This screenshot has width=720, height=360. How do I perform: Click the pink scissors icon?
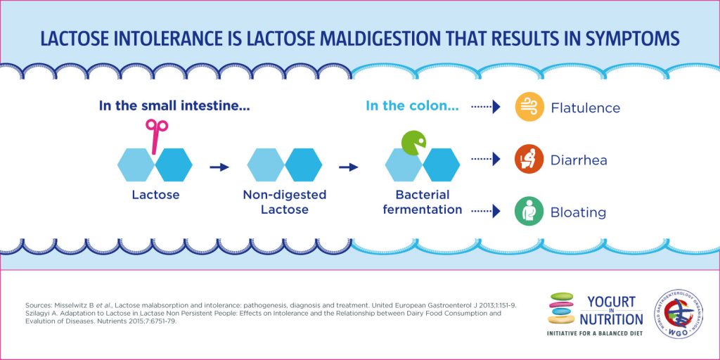tap(157, 134)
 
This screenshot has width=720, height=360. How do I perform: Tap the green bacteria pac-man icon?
tap(413, 142)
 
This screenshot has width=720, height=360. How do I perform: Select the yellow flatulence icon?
tap(529, 108)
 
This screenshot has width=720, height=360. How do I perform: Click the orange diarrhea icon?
tap(529, 160)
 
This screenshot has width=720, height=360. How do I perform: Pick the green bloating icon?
tap(529, 212)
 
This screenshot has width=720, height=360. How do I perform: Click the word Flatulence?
tap(586, 108)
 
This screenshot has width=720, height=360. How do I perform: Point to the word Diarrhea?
tap(579, 160)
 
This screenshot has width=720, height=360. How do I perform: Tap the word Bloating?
tap(578, 212)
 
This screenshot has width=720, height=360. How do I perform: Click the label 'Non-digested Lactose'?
tap(285, 202)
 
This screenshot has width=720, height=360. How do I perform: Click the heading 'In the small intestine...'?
tap(175, 106)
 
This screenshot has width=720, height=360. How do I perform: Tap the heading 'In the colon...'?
tap(413, 106)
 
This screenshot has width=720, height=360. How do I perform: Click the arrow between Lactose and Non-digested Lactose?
tap(219, 167)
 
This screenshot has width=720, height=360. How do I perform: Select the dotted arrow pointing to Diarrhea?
tap(486, 160)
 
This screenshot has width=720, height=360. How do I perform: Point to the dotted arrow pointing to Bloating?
tap(486, 210)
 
